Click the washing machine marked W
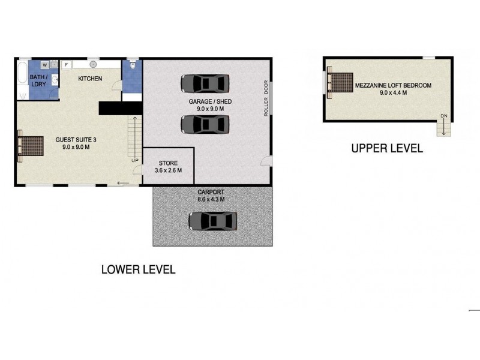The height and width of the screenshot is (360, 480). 45,65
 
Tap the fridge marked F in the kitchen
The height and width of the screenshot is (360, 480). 67,65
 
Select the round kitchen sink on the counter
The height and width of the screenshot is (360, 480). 94,64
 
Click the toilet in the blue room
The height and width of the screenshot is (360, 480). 133,65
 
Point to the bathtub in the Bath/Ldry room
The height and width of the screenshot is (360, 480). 22,72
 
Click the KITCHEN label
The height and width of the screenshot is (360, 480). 90,79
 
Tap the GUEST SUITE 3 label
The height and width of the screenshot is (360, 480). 76,140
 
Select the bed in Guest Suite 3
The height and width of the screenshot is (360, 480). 31,146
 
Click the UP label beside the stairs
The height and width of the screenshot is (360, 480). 135,160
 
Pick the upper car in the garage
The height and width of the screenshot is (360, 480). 205,83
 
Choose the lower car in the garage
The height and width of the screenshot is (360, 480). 205,124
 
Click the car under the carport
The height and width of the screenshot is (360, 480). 213,221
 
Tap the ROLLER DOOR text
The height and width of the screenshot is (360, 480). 266,98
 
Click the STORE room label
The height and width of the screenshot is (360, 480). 168,163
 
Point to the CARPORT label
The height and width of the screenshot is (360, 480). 211,192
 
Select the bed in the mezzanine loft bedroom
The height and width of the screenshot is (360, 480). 340,82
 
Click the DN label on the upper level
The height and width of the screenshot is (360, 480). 444,116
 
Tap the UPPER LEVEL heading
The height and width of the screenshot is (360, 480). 387,148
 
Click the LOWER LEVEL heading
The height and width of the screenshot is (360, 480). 139,269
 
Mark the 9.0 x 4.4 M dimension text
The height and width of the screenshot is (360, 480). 394,93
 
